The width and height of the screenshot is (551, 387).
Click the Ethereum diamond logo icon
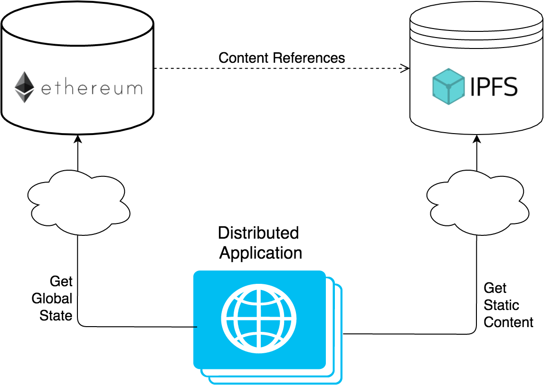coord(25,87)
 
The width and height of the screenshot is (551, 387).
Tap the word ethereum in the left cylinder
coord(91,88)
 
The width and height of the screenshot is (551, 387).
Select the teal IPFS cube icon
coord(448,87)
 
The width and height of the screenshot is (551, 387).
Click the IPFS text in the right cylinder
coord(494,87)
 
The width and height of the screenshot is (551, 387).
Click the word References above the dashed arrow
coord(309,58)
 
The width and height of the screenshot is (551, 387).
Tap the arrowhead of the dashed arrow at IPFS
coord(405,68)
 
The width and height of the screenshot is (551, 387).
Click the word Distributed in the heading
coord(258,232)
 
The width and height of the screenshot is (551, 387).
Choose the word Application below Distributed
coord(260,252)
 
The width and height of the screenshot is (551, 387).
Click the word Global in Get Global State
coord(52,299)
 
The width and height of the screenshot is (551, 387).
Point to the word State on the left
coord(56,315)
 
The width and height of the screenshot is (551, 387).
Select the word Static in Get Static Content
coord(501,305)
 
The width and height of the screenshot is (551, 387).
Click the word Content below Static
coord(508,322)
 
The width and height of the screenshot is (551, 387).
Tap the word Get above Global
coord(61,281)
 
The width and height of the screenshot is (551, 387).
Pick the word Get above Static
coord(495,288)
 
